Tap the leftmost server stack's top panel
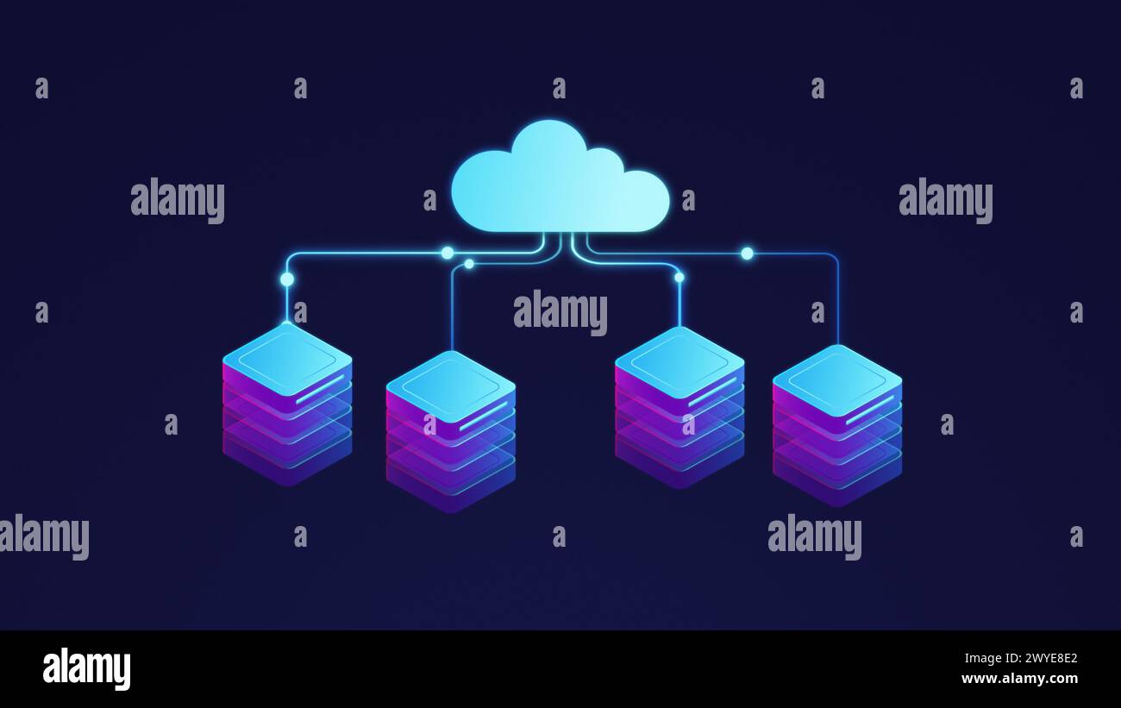click(287, 358)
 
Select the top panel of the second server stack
click(450, 386)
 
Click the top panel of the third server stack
click(679, 361)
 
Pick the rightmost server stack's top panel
click(836, 379)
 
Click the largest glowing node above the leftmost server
click(287, 279)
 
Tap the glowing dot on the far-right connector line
click(747, 254)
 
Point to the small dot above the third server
click(679, 278)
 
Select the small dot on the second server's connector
click(469, 264)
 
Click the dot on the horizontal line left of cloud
click(447, 253)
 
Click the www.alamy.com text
click(1019, 679)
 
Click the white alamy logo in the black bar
click(86, 669)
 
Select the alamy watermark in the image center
click(560, 312)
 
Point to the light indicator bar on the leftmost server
click(320, 390)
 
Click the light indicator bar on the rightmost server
click(869, 410)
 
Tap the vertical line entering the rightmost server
click(837, 302)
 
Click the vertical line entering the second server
click(452, 310)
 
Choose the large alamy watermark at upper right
click(945, 200)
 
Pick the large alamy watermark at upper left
click(178, 200)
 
